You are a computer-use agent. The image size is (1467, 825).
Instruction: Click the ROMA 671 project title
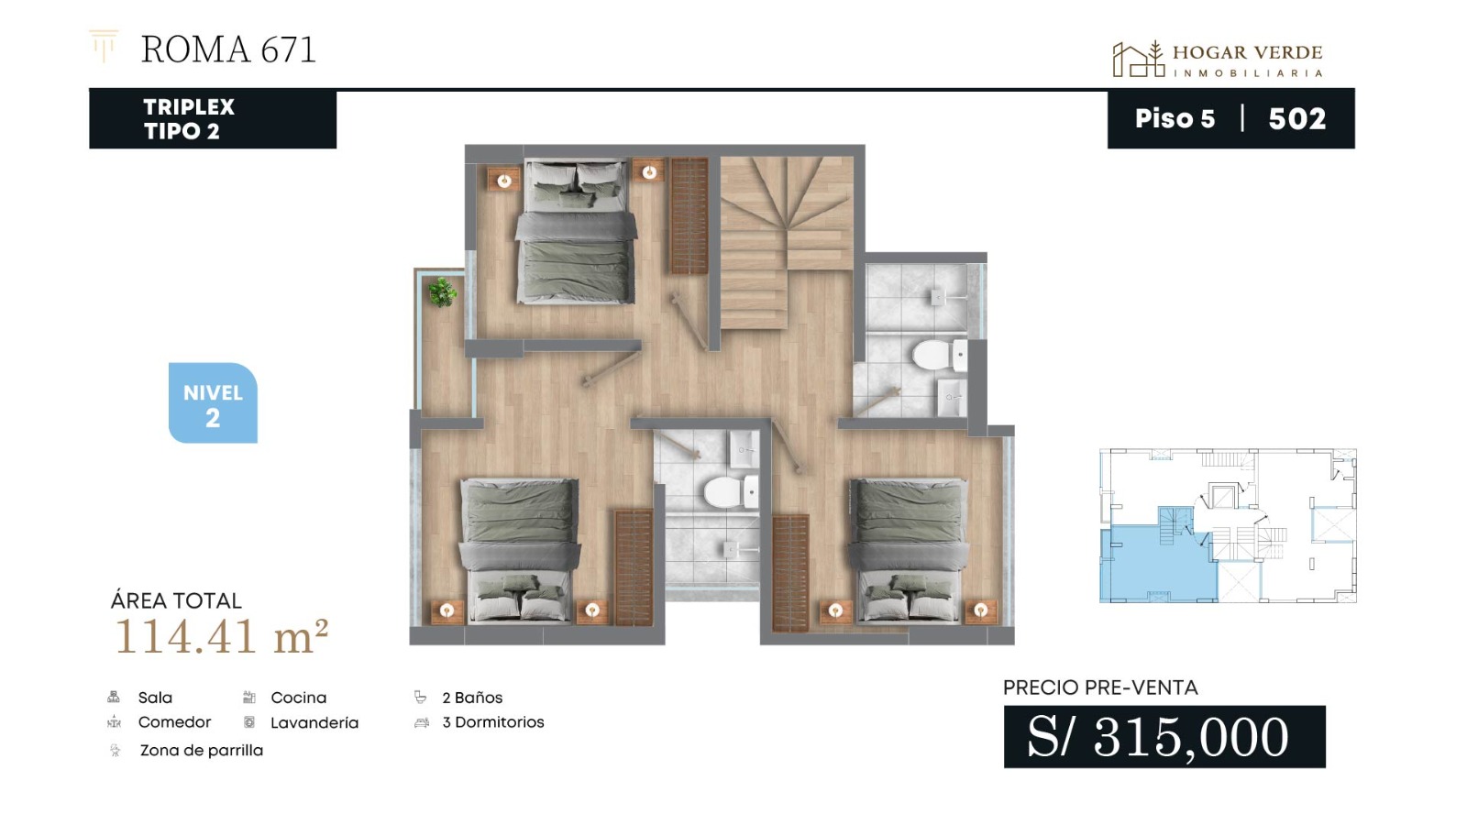point(228,49)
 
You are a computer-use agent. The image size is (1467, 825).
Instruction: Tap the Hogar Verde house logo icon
point(1138,59)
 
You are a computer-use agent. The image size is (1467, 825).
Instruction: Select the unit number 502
point(1296,118)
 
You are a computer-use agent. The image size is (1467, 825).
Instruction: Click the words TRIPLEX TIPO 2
point(189,118)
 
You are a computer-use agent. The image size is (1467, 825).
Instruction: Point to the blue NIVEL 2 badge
point(213,402)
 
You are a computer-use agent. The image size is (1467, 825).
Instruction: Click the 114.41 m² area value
point(221,636)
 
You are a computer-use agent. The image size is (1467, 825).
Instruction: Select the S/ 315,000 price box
point(1164,737)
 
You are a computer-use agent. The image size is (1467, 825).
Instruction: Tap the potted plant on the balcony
point(443,291)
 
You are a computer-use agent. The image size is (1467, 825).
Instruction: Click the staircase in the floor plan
point(786,241)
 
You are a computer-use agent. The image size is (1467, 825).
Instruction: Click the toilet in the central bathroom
point(732,491)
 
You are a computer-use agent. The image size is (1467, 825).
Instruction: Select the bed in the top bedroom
point(576,233)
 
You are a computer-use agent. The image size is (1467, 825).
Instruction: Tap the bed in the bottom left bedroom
point(519,550)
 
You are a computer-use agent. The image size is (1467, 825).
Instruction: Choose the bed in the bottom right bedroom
point(909,550)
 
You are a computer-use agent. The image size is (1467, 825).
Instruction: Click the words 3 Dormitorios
point(493,722)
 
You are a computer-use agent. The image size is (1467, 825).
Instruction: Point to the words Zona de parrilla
point(202,751)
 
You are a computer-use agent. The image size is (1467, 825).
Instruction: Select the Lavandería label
point(314,723)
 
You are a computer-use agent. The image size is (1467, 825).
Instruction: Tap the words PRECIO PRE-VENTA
point(1100,687)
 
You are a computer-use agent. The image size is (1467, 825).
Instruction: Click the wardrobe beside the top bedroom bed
point(689,215)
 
